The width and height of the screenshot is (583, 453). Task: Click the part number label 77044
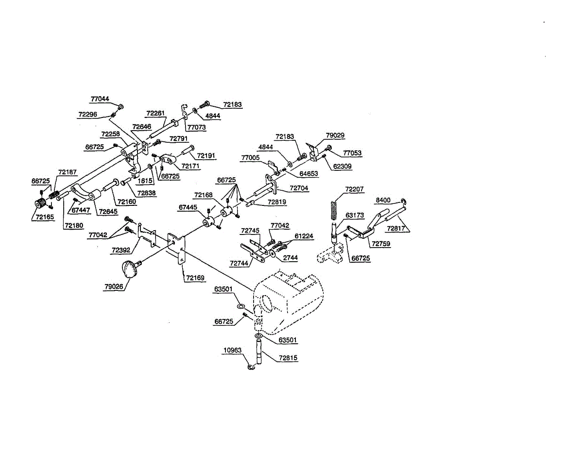pyautogui.click(x=100, y=99)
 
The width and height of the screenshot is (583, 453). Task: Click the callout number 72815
pyautogui.click(x=289, y=358)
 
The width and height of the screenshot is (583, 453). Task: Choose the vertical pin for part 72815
pyautogui.click(x=259, y=353)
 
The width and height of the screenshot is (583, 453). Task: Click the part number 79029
pyautogui.click(x=335, y=135)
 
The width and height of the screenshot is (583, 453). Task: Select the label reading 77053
pyautogui.click(x=352, y=153)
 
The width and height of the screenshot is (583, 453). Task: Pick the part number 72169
pyautogui.click(x=195, y=279)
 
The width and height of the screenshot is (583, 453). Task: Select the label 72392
pyautogui.click(x=121, y=250)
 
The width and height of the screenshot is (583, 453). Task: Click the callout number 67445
pyautogui.click(x=188, y=207)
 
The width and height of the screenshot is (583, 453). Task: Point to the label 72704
pyautogui.click(x=299, y=188)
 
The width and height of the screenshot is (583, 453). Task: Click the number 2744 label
pyautogui.click(x=290, y=258)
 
